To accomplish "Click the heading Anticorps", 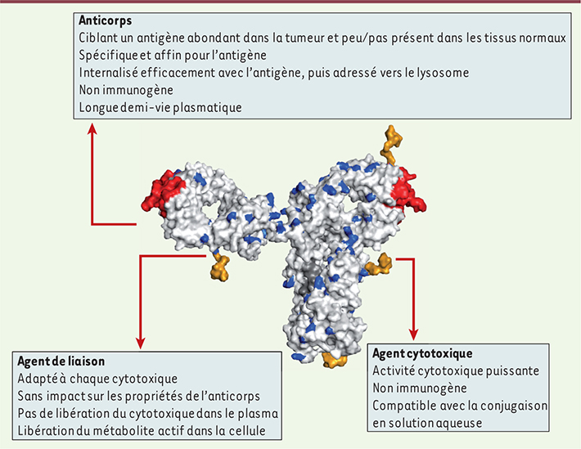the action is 106,20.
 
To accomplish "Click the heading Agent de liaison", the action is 61,361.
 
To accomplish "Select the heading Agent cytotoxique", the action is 422,353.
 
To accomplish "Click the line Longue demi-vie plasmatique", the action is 160,107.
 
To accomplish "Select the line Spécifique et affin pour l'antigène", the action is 173,55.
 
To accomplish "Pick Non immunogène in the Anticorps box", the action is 126,90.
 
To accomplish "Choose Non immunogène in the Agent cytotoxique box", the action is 420,388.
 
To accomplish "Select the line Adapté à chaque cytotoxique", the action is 97,379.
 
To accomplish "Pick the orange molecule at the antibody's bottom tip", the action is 334,360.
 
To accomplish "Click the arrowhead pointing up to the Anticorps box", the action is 92,129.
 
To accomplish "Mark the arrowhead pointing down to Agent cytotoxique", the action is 413,335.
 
